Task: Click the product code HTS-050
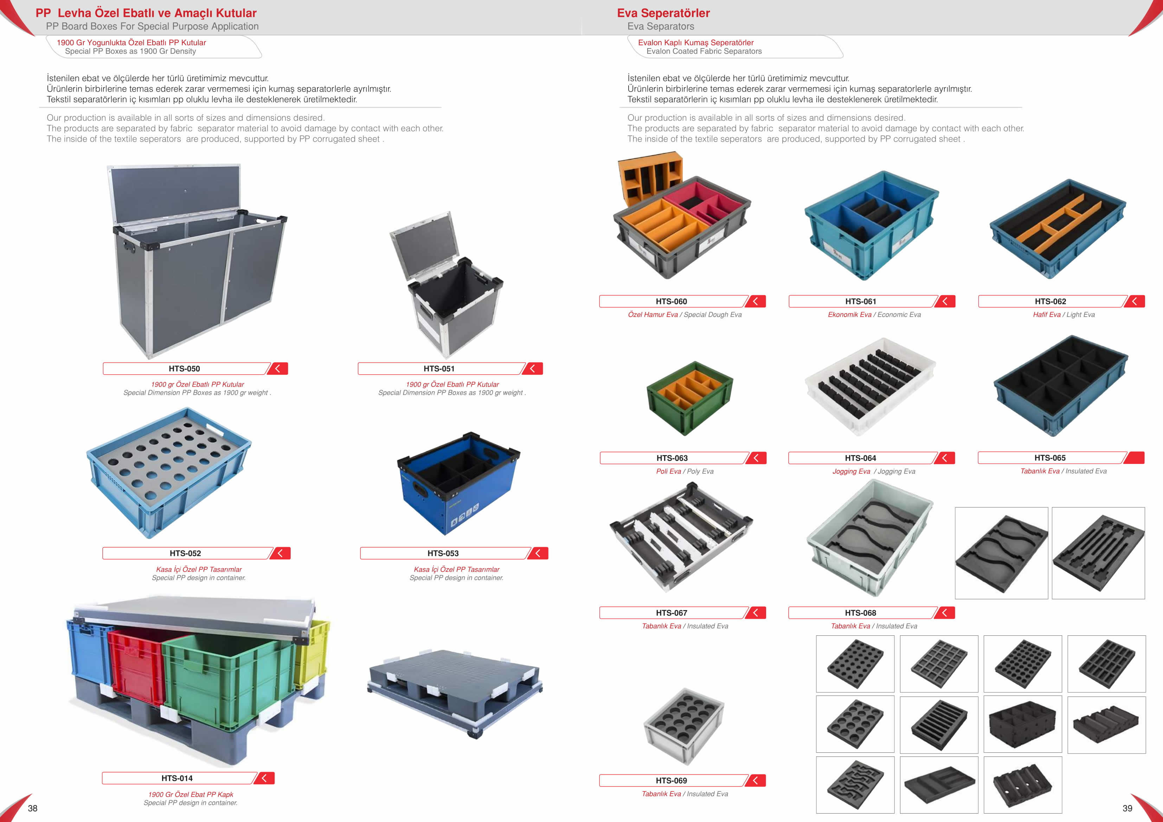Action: click(x=184, y=369)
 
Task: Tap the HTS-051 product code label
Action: click(x=439, y=369)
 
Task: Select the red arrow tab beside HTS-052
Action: click(x=280, y=553)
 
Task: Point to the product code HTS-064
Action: click(x=860, y=458)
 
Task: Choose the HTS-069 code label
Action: click(x=671, y=781)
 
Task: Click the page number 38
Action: click(x=32, y=808)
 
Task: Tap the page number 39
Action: click(x=1127, y=808)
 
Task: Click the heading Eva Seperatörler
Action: click(x=663, y=13)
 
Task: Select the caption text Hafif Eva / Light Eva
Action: click(x=1064, y=315)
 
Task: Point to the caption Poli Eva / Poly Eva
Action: click(x=685, y=471)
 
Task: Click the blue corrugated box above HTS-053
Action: click(x=458, y=484)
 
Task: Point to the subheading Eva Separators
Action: click(x=661, y=26)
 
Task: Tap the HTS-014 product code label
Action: click(x=177, y=778)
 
